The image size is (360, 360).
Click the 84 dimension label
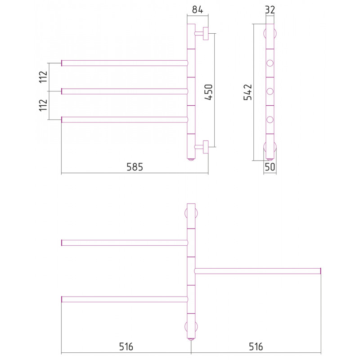(x=198, y=9)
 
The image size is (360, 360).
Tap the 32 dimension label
(x=270, y=9)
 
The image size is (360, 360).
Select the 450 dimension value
(x=209, y=92)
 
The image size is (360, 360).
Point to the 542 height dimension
(x=248, y=92)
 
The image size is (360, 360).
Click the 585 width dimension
(x=135, y=167)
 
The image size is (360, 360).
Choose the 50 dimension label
(x=270, y=167)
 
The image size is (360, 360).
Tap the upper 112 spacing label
(x=43, y=77)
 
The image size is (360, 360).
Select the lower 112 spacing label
(x=43, y=105)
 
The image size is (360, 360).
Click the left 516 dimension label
(x=126, y=346)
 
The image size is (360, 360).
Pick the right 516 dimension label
(x=256, y=346)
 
